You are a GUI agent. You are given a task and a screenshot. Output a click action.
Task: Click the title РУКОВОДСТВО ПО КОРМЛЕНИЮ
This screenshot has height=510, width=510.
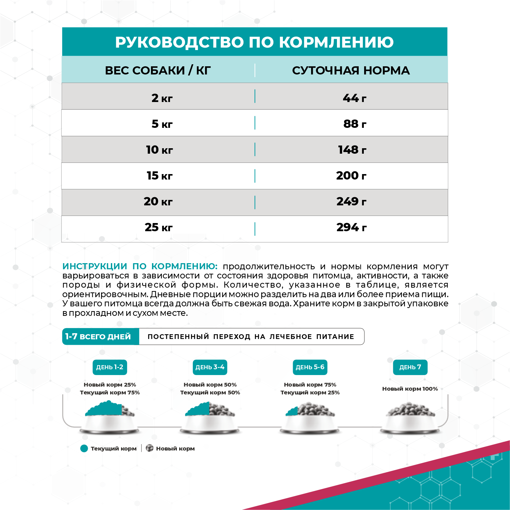pos(254,42)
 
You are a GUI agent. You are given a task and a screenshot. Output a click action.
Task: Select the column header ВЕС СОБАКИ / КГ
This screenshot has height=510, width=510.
pos(158,70)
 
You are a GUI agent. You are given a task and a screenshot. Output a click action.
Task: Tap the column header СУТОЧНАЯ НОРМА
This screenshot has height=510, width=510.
pos(351,70)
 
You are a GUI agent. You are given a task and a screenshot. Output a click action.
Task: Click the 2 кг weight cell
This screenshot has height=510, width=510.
pos(162,98)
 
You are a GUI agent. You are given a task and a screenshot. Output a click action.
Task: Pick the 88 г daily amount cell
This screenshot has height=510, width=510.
pos(355,124)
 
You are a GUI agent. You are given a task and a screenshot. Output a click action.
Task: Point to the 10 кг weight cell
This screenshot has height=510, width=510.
pos(159,150)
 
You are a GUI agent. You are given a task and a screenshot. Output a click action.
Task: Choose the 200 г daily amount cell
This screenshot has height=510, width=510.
pos(351,175)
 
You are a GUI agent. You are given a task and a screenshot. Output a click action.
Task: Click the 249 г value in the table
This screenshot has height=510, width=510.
pos(351,201)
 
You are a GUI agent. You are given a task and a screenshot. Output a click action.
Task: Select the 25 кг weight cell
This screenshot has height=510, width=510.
pos(158,227)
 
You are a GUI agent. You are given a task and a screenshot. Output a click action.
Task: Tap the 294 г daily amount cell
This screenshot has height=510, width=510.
pos(351,227)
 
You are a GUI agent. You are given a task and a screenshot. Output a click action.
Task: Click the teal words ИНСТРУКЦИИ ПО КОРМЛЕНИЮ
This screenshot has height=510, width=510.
pos(140,266)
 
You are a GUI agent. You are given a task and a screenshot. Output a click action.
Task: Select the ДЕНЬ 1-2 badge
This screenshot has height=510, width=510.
pos(109,367)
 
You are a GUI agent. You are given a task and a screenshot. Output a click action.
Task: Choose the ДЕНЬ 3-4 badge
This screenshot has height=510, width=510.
pos(210,367)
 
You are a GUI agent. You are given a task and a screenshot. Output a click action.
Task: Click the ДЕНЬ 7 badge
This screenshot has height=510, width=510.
pos(410,367)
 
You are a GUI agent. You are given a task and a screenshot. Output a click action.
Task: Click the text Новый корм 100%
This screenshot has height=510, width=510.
pos(410,389)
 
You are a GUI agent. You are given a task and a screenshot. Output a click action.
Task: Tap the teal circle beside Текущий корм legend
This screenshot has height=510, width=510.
pos(84,448)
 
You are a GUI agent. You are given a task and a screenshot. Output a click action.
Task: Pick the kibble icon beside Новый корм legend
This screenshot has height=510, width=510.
pos(150,448)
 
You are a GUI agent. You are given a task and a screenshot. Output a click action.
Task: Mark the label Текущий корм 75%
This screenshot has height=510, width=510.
pos(110,392)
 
